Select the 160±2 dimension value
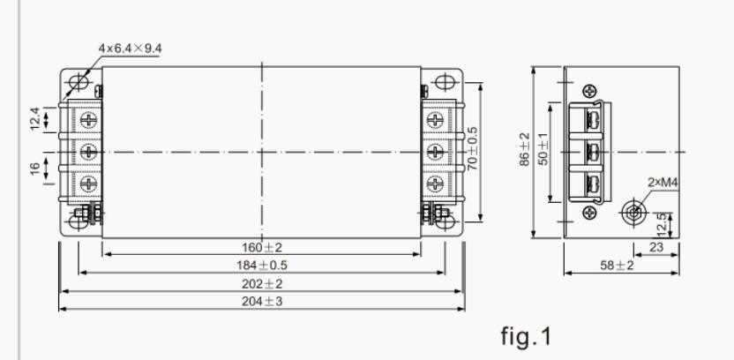coord(261,247)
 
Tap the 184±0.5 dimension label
coord(261,265)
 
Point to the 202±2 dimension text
coord(261,283)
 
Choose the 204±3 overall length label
coord(261,301)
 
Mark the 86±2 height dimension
coord(525,151)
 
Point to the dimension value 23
coord(655,248)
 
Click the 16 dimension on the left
coord(35,168)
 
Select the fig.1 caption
coord(526,335)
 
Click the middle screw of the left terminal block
coord(88,152)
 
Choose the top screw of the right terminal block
coord(434,119)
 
